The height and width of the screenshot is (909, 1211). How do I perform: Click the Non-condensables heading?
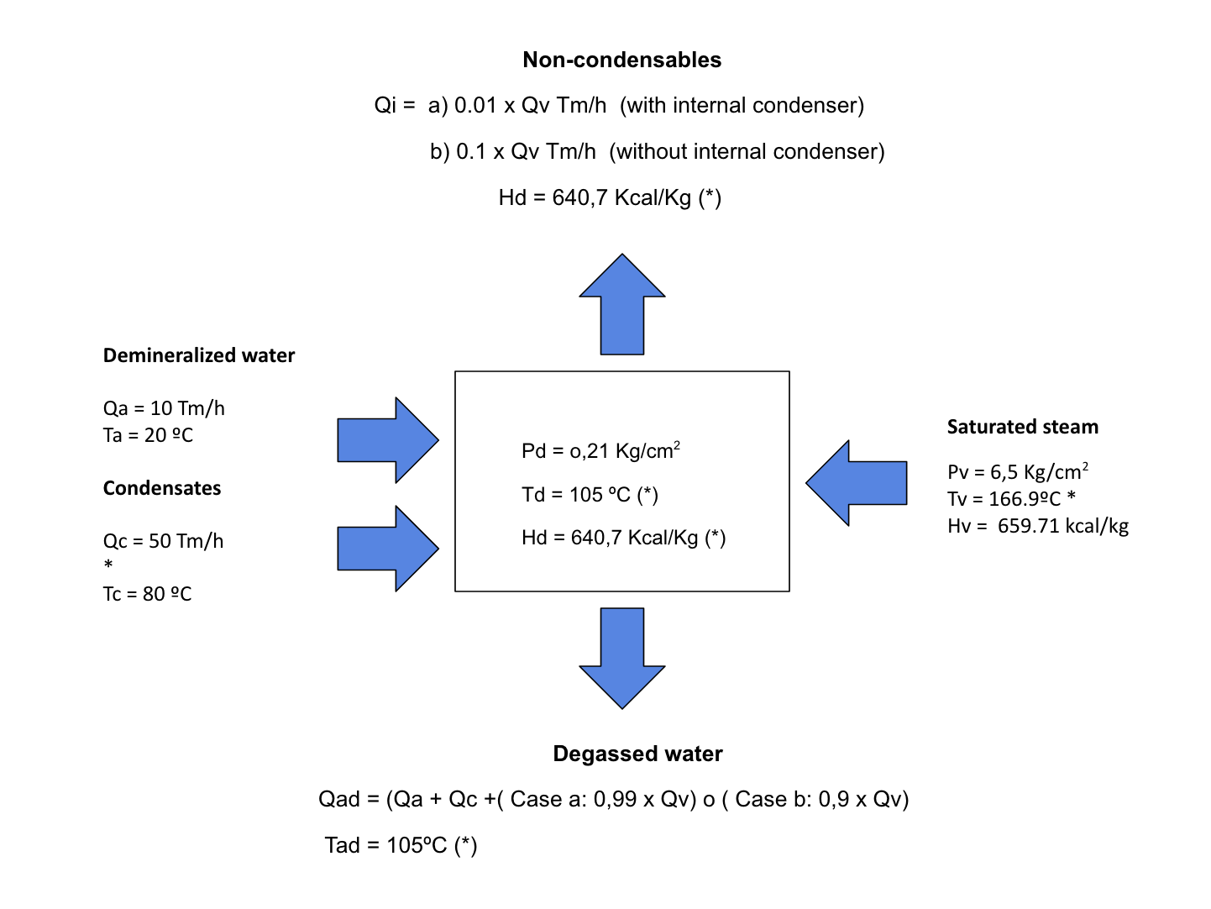621,60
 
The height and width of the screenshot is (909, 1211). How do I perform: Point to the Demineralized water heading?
199,355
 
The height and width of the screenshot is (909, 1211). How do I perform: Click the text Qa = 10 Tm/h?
164,408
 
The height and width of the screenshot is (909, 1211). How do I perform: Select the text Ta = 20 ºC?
148,435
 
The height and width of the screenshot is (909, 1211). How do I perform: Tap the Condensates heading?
162,488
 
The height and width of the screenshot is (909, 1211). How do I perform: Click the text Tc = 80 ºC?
147,594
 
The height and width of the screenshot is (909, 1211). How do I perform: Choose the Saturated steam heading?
1022,427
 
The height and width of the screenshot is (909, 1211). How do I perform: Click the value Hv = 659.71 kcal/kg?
1038,526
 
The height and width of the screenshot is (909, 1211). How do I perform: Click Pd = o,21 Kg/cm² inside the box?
600,451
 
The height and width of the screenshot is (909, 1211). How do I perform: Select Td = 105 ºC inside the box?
590,495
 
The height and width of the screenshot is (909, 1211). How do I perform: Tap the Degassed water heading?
637,754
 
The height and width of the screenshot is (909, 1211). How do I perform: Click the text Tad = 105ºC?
401,845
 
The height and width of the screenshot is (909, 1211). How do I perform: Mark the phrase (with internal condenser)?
742,105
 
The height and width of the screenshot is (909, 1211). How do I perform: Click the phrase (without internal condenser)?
747,151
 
